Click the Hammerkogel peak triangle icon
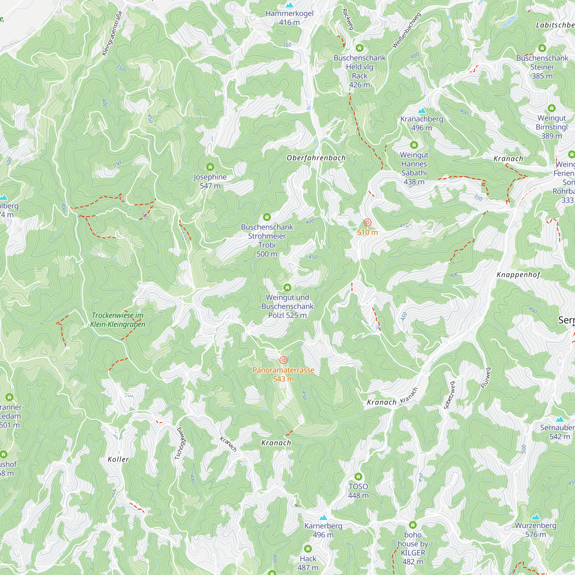[289, 5]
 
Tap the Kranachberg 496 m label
[421, 123]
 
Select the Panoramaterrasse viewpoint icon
[283, 360]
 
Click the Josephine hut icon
[210, 167]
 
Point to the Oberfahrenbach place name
[316, 158]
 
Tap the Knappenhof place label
[518, 275]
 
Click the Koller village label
[118, 459]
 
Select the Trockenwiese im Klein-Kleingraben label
[118, 320]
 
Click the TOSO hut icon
[358, 477]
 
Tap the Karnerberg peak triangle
[323, 517]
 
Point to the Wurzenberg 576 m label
[535, 530]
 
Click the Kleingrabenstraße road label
[112, 33]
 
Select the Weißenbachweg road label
[407, 30]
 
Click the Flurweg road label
[486, 378]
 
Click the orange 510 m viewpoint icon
[367, 223]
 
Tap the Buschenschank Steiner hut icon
[542, 48]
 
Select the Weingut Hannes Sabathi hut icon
[414, 145]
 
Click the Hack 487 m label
[308, 563]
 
